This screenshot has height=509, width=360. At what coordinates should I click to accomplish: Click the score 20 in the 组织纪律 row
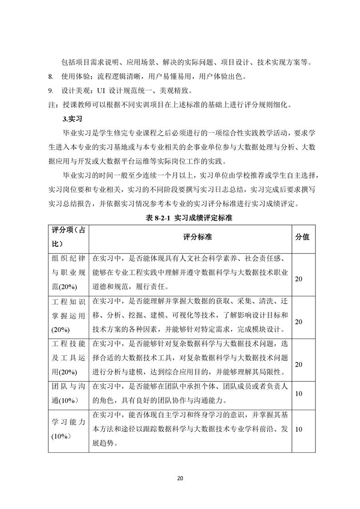pos(299,279)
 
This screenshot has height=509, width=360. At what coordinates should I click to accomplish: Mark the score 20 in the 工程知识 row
pos(299,321)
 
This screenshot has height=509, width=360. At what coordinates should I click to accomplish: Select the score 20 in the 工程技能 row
pos(299,364)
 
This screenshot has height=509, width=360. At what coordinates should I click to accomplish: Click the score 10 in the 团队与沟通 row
pos(299,394)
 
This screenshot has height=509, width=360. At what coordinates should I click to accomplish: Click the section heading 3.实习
pos(71,119)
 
